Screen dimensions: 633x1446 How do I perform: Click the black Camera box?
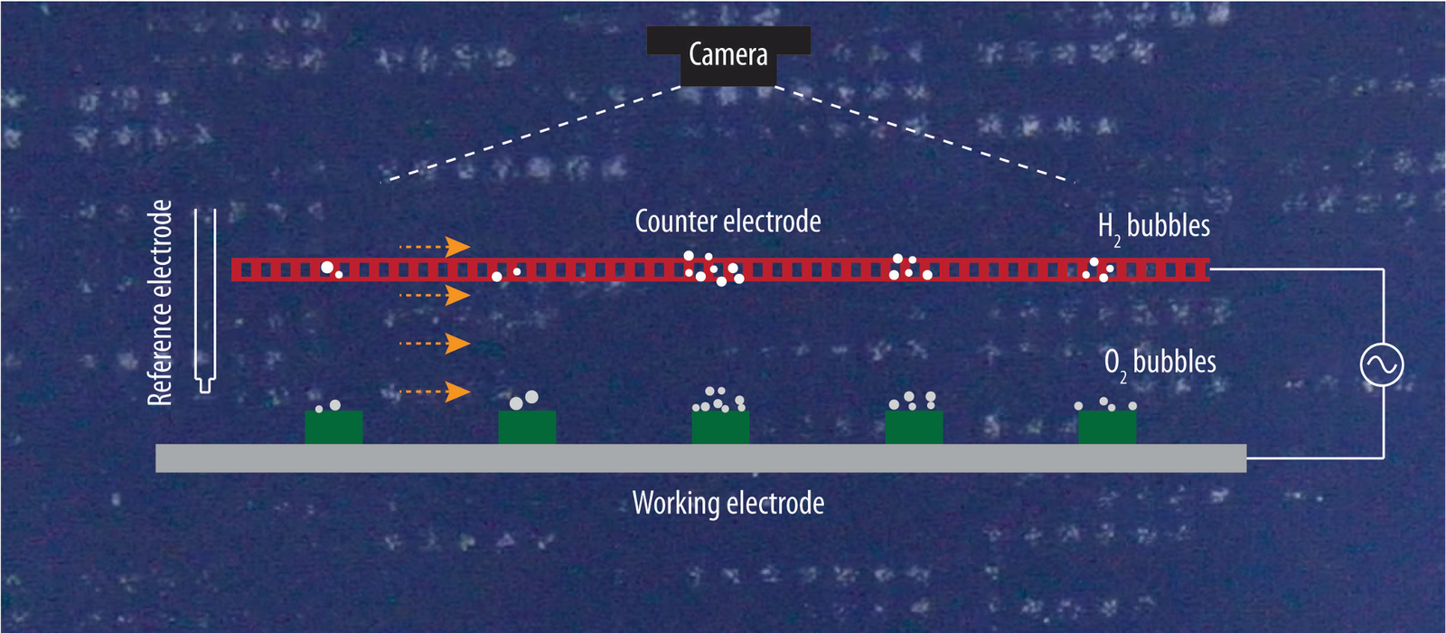tap(728, 55)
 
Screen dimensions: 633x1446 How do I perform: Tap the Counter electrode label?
tap(728, 222)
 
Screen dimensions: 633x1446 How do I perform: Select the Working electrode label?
tap(728, 503)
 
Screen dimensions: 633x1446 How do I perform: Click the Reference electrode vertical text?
tap(160, 303)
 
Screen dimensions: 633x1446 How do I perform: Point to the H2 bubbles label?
tap(1153, 226)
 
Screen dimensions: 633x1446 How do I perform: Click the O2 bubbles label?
tap(1160, 363)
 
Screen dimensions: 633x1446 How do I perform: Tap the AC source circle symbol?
tap(1382, 365)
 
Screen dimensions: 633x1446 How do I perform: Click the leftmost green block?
tap(333, 427)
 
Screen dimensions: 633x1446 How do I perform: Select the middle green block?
tap(720, 428)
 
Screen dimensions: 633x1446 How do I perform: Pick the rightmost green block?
tap(1107, 427)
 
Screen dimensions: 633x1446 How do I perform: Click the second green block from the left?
tap(527, 427)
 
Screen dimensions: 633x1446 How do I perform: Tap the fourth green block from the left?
tap(914, 427)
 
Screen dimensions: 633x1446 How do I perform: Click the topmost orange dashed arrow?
tap(435, 247)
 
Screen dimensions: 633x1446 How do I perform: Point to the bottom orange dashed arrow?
tap(435, 392)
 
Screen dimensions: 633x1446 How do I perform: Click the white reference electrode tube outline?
tap(206, 298)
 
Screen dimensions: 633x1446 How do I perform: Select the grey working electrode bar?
tap(700, 458)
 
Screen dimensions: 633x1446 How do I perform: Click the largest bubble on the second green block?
tap(531, 397)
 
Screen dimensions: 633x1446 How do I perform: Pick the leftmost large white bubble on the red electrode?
tap(327, 268)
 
